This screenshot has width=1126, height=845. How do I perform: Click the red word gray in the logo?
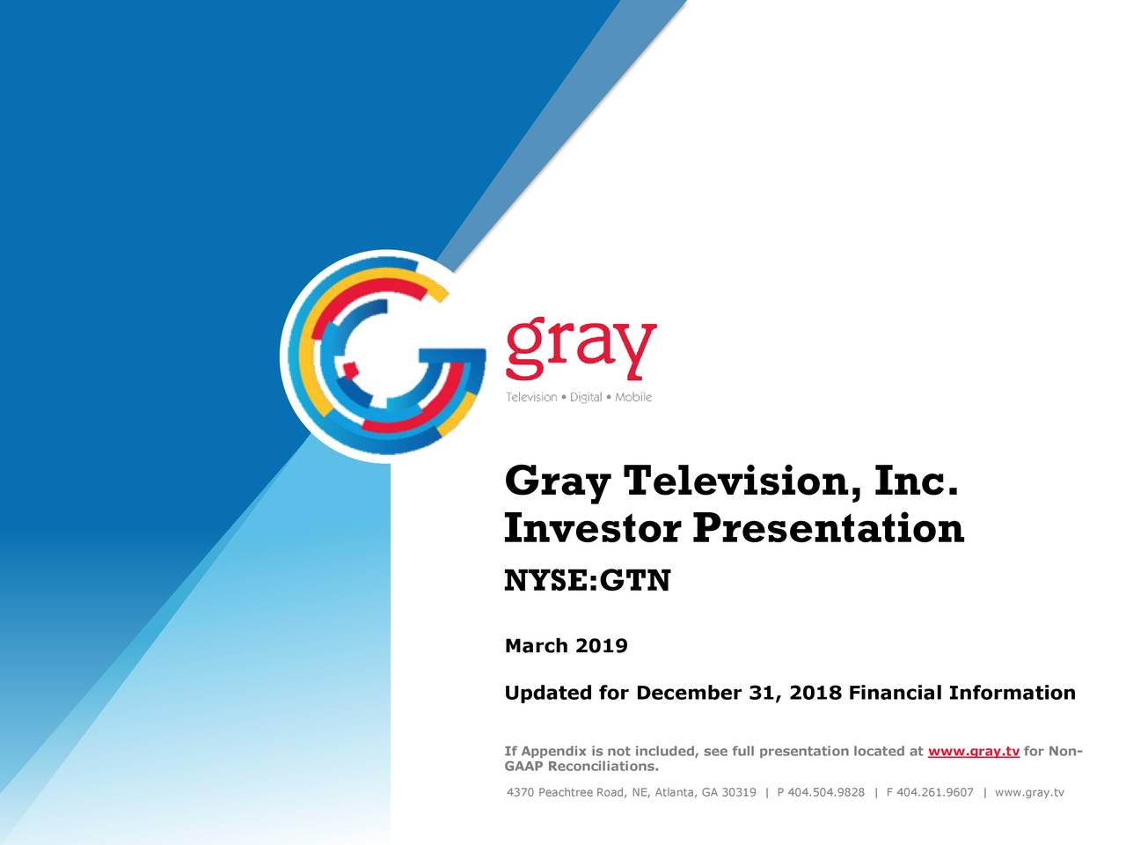581,347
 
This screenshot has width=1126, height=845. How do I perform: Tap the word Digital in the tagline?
586,397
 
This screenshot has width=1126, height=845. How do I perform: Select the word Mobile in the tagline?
633,397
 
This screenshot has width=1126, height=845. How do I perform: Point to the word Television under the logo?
531,397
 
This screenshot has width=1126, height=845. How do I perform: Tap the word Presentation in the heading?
828,528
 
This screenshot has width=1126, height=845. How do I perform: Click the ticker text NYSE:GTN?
587,581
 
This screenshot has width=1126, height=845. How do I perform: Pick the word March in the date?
536,646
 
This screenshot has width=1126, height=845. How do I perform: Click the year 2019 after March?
602,646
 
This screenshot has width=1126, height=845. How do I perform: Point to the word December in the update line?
688,693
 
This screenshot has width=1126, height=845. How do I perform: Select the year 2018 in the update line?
815,693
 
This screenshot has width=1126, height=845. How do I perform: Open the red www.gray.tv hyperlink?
973,751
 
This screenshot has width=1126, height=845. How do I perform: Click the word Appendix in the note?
554,751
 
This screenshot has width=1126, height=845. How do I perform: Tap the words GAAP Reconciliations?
581,766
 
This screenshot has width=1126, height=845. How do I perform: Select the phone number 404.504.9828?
826,792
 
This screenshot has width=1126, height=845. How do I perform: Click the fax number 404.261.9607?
935,792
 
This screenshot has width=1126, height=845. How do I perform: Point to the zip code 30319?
739,792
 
